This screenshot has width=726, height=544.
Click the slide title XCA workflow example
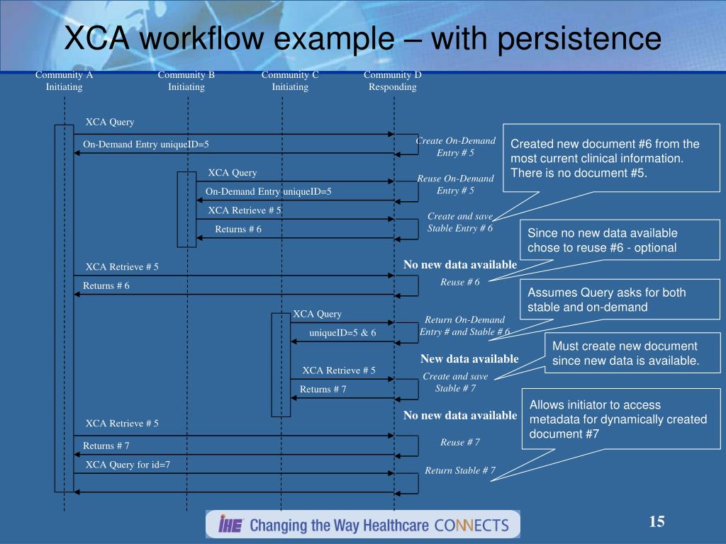point(362,39)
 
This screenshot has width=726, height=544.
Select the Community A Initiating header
point(65,81)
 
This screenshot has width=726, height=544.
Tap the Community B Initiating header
point(186,81)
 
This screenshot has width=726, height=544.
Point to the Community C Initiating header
point(290,81)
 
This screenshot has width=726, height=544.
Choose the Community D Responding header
point(393,81)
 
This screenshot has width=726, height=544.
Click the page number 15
point(657,522)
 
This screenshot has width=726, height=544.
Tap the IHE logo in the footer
point(231,525)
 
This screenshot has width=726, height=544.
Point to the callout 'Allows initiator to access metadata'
point(621,419)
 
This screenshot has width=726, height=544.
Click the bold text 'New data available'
point(469,359)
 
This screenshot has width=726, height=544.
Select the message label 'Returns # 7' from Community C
point(323,390)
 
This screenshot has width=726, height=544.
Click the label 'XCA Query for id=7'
point(128,465)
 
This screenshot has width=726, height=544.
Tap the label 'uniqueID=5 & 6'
point(342,333)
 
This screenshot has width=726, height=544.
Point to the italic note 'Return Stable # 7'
point(460,471)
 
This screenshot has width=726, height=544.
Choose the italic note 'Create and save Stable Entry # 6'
point(460,222)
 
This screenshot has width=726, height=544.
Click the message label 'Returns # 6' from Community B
point(238,229)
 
